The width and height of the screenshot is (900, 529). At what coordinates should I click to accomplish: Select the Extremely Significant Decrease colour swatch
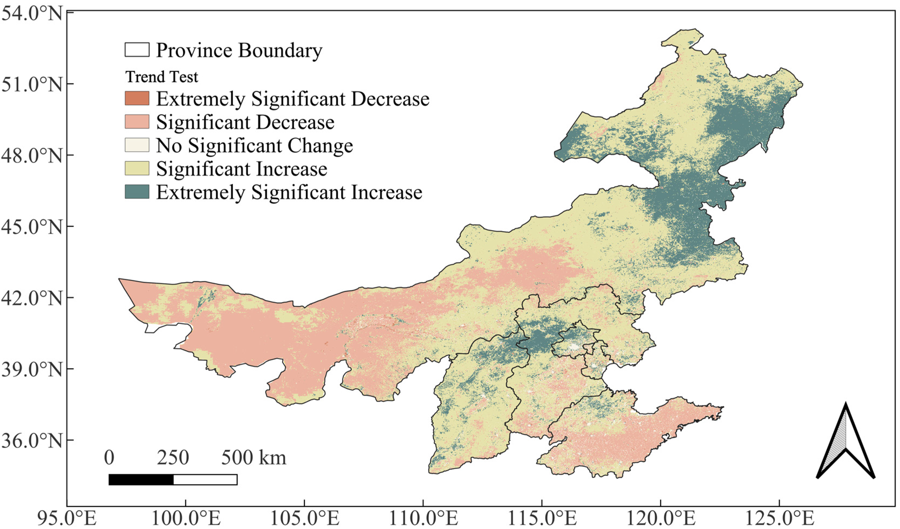137,98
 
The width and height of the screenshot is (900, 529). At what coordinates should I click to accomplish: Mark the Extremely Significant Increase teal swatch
137,192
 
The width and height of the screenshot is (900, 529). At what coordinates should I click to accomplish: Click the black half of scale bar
141,480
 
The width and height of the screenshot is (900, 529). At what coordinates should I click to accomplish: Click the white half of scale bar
205,480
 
